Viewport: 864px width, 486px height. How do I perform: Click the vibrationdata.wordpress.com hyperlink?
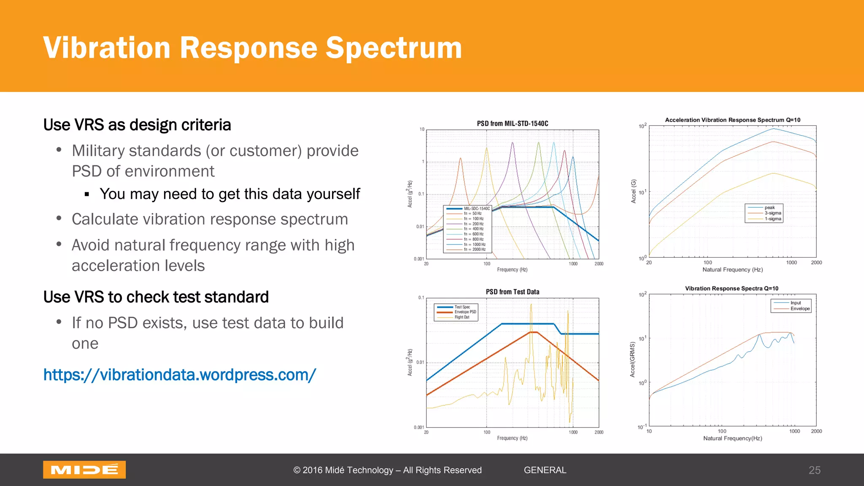(180, 375)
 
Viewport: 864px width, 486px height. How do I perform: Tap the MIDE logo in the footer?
(84, 470)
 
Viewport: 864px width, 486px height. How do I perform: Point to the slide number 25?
(814, 470)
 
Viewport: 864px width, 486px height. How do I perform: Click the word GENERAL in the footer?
(545, 470)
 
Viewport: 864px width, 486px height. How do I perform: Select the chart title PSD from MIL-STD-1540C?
(512, 124)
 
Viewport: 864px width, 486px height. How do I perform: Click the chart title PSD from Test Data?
(512, 292)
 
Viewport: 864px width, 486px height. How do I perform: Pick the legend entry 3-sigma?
(772, 213)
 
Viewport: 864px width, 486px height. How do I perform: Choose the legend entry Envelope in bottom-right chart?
(800, 309)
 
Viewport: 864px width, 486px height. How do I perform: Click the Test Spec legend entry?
(462, 307)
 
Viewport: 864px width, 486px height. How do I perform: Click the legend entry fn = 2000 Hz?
(478, 249)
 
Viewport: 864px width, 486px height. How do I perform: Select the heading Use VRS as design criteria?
(137, 125)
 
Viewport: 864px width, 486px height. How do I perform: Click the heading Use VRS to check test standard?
(156, 297)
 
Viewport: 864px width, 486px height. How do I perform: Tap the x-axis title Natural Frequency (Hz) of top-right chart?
(732, 270)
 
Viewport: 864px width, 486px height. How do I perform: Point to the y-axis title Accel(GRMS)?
(632, 359)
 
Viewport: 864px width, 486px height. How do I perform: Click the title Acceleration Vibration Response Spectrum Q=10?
(732, 120)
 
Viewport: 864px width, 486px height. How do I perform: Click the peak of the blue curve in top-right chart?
(773, 128)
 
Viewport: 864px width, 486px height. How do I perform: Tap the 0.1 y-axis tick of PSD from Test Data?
(421, 298)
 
